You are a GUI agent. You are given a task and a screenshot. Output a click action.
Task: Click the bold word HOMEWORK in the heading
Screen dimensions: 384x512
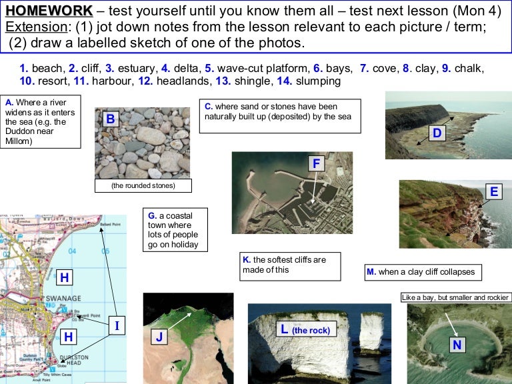point(49,11)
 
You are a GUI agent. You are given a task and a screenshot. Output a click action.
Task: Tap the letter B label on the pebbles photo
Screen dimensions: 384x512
point(111,120)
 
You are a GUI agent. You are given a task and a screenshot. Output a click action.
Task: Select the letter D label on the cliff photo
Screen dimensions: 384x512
point(437,133)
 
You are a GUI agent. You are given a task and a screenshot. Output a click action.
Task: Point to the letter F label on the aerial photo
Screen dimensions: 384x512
point(317,163)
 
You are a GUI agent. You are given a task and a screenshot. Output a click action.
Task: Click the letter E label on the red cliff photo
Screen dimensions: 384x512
point(493,192)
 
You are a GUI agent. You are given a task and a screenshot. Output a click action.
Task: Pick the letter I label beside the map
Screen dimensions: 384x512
point(117,325)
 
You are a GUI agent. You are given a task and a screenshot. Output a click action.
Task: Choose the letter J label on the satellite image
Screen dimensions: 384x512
point(159,337)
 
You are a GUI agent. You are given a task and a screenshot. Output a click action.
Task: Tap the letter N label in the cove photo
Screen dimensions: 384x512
point(457,344)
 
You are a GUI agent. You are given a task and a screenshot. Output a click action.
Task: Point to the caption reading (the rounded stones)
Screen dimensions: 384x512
point(143,185)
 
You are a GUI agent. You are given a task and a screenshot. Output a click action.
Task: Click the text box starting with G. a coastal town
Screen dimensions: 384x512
point(175,230)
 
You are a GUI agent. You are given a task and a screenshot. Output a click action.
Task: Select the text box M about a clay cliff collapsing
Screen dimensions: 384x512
point(424,272)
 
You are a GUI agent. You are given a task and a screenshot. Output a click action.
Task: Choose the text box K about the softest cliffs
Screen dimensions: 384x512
point(290,265)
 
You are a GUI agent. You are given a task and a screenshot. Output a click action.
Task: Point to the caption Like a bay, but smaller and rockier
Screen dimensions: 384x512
point(456,297)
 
